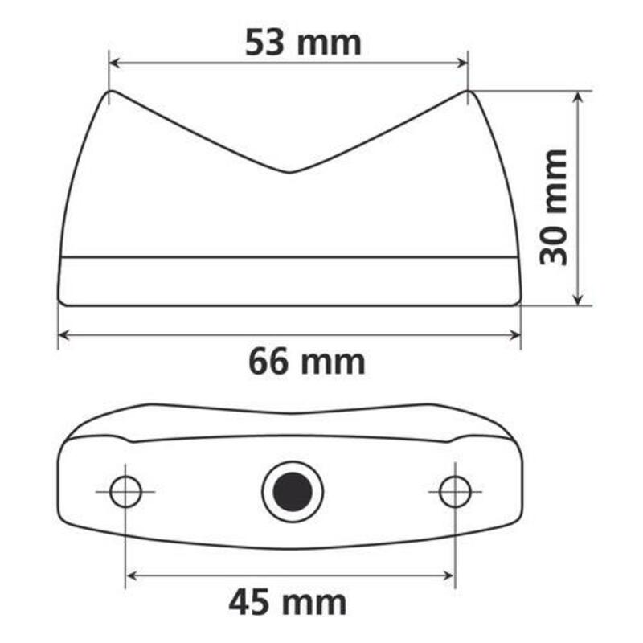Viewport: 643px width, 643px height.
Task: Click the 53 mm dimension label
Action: [303, 43]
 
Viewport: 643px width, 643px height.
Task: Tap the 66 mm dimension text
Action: [306, 362]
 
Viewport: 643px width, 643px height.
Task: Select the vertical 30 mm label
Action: [554, 207]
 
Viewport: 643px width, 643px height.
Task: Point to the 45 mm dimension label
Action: [287, 600]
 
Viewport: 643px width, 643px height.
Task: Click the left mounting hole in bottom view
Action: [125, 491]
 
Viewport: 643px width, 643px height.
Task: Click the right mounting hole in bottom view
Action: [455, 491]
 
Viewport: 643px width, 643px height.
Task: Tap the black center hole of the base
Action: [292, 490]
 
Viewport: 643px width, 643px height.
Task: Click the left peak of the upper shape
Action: [110, 92]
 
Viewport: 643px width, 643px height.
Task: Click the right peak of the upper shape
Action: [467, 92]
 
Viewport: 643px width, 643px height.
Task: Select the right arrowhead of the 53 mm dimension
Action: [462, 63]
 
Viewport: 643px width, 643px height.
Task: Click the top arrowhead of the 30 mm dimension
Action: [577, 96]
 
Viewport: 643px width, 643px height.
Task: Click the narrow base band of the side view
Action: [289, 281]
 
